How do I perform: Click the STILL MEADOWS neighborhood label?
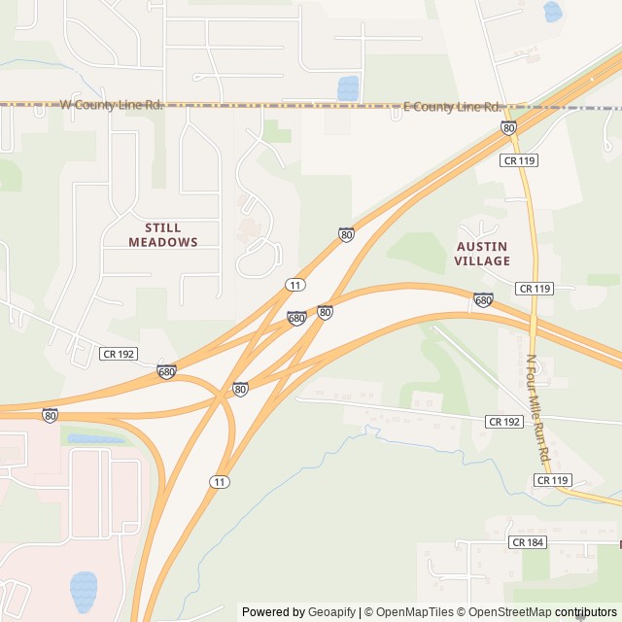(x=163, y=234)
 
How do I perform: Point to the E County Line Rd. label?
(x=453, y=107)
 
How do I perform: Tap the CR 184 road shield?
(x=528, y=542)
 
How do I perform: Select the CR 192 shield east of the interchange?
(x=504, y=422)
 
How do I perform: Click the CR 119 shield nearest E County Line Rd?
(x=520, y=159)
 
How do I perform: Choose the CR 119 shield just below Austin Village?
(x=535, y=289)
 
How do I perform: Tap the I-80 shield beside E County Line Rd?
(x=508, y=127)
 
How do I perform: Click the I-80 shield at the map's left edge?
(x=50, y=415)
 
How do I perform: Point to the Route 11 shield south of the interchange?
(x=221, y=482)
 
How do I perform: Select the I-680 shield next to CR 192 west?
(x=167, y=371)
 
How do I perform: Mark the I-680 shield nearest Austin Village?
(x=483, y=299)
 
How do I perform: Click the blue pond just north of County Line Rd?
(x=348, y=88)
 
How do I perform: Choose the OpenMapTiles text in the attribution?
(x=415, y=612)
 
